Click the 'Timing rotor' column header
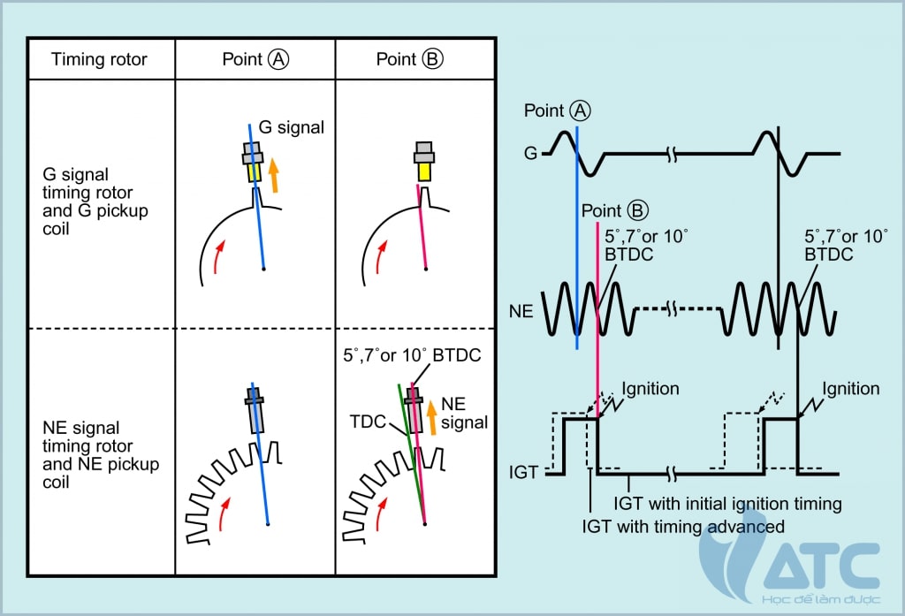tap(99, 59)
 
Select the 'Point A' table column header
tap(255, 59)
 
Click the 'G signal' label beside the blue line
tap(292, 127)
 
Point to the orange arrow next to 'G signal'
tap(274, 174)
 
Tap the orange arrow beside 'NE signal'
tap(432, 418)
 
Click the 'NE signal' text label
tap(464, 414)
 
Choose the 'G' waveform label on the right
tap(530, 154)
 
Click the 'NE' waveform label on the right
tap(522, 313)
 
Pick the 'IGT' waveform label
tap(524, 473)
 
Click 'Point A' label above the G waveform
tap(557, 110)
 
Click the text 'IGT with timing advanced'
tap(683, 527)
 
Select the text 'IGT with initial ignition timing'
tap(726, 505)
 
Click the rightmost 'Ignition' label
tap(850, 389)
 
